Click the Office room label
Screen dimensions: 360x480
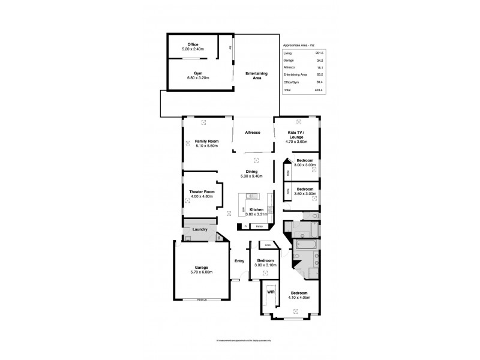pyautogui.click(x=193, y=44)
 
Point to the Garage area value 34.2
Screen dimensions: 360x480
pyautogui.click(x=326, y=61)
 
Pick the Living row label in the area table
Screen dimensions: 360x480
pyautogui.click(x=287, y=54)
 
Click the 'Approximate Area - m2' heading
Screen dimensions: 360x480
pyautogui.click(x=298, y=45)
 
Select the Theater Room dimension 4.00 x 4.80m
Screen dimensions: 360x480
pyautogui.click(x=202, y=196)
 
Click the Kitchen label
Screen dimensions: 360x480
pyautogui.click(x=257, y=209)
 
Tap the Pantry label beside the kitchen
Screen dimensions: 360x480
pyautogui.click(x=259, y=226)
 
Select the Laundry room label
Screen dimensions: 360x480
pyautogui.click(x=200, y=229)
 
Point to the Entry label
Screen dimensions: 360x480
pyautogui.click(x=239, y=261)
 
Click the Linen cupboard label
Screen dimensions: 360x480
pyautogui.click(x=267, y=245)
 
